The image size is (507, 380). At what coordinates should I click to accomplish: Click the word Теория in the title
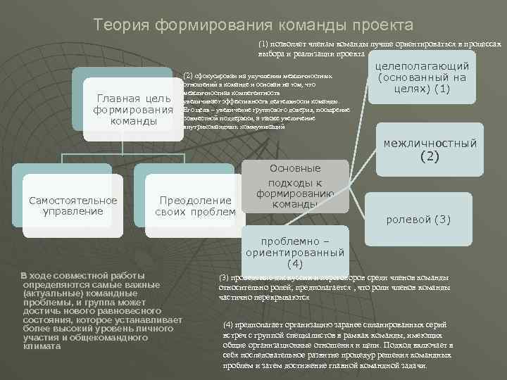pyautogui.click(x=118, y=25)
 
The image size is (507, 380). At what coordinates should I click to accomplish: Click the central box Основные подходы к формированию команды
pyautogui.click(x=296, y=186)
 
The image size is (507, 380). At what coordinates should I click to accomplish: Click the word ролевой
pyautogui.click(x=409, y=220)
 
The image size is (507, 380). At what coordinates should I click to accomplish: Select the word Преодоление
pyautogui.click(x=196, y=201)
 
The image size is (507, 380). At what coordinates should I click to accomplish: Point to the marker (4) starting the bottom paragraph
pyautogui.click(x=228, y=324)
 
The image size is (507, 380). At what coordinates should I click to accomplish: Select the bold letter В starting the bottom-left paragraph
pyautogui.click(x=24, y=274)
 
